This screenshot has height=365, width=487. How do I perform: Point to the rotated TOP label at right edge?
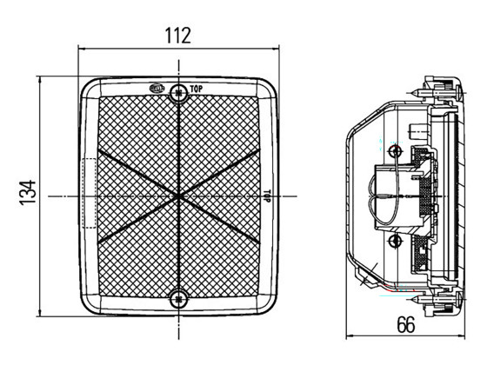266,196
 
